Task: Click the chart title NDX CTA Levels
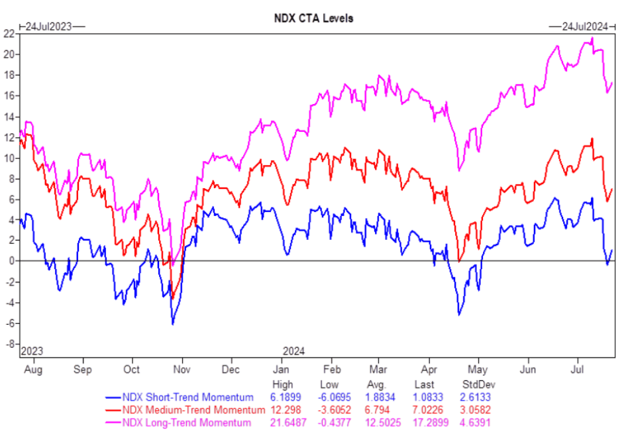313,18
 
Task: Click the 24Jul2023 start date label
48,27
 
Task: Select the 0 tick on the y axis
11,261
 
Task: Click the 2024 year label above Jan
293,350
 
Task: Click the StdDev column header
478,385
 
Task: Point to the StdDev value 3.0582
476,410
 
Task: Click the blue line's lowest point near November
173,324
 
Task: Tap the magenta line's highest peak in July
592,38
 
